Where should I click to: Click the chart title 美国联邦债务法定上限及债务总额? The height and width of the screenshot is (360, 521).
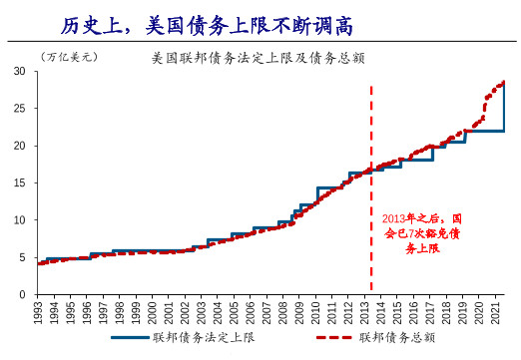(257, 58)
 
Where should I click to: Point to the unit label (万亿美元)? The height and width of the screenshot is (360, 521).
(70, 58)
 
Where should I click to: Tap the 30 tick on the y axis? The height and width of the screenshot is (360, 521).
(19, 72)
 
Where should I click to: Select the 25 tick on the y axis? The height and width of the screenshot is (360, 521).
(19, 109)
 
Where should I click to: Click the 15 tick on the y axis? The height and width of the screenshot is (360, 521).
(19, 183)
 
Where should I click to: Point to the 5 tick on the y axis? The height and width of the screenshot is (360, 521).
(22, 257)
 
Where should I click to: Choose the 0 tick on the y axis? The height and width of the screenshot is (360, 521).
(22, 294)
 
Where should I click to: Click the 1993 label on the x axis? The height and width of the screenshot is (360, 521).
(37, 312)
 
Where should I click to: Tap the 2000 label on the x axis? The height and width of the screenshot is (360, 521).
(152, 312)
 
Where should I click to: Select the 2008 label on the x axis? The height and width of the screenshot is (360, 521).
(282, 312)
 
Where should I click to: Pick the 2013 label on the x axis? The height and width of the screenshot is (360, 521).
(364, 312)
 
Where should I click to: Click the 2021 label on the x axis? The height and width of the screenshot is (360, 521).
(496, 312)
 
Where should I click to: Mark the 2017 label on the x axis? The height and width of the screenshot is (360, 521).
(430, 312)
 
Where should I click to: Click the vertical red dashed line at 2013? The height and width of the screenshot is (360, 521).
(371, 130)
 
